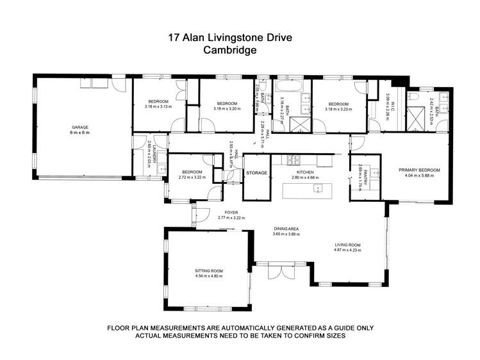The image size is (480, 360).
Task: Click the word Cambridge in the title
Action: coord(229,50)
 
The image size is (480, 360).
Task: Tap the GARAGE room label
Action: coord(80,127)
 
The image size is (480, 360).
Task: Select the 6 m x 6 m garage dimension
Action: coord(80,133)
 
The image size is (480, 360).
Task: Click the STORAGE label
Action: coord(257,172)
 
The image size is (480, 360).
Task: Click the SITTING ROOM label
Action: coord(208,271)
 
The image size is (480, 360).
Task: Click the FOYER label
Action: coord(231,212)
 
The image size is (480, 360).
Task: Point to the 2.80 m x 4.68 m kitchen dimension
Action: coord(305,177)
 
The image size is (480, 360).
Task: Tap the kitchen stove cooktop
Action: coord(297,158)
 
